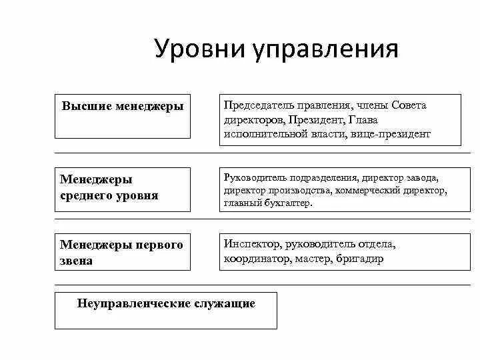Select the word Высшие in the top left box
pyautogui.click(x=87, y=106)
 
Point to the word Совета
pyautogui.click(x=409, y=105)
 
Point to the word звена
pyautogui.click(x=77, y=261)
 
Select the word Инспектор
pyautogui.click(x=251, y=244)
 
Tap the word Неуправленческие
pyautogui.click(x=134, y=303)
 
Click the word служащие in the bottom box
pyautogui.click(x=225, y=303)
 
